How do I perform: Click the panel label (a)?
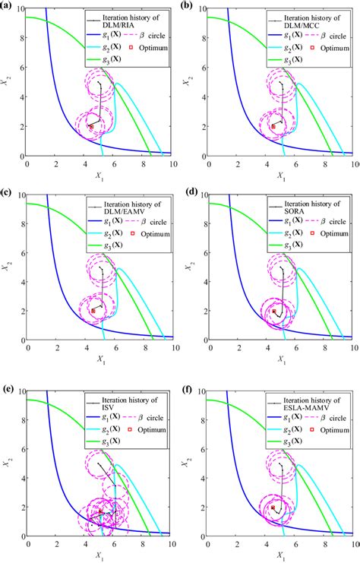tap(8, 5)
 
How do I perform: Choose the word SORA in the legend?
tap(292, 210)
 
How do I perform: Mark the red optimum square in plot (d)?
tap(274, 312)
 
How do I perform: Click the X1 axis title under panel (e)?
tap(100, 558)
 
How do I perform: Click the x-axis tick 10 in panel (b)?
tap(352, 163)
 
